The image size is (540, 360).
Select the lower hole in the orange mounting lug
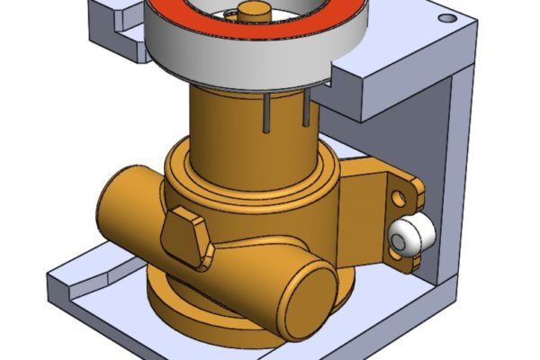396,255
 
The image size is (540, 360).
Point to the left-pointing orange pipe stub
126,202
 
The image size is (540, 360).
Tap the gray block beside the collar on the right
378,90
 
